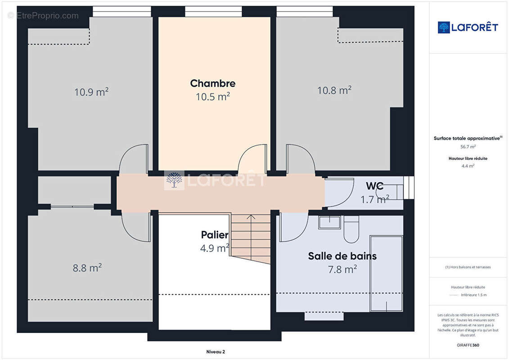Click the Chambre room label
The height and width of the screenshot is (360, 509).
pos(212,83)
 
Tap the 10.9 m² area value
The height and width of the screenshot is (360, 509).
pos(91,92)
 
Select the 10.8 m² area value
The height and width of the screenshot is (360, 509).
pos(334,90)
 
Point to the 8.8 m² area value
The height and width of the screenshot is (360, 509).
pos(87,268)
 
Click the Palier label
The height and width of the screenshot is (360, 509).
pos(214,235)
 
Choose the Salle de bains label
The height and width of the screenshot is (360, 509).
pos(342,256)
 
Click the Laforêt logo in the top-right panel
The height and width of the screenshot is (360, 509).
pos(468,27)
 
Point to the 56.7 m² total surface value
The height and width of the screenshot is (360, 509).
pos(468,146)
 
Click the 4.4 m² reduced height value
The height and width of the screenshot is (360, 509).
pos(468,166)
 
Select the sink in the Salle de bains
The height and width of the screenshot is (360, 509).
pos(329,222)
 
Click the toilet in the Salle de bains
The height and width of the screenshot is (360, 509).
pos(351,228)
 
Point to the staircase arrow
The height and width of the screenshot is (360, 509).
pos(251,217)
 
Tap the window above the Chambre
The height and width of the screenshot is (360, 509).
pos(213,12)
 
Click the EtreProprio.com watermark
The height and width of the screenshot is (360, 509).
pos(43,16)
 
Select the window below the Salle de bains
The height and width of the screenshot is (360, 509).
pos(324,316)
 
